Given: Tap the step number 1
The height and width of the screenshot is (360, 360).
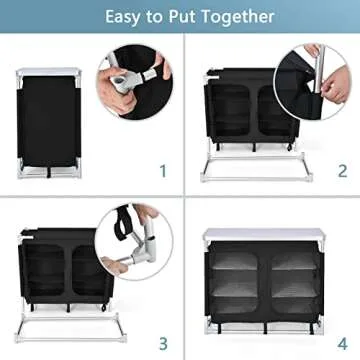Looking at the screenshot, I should click(x=163, y=171).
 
